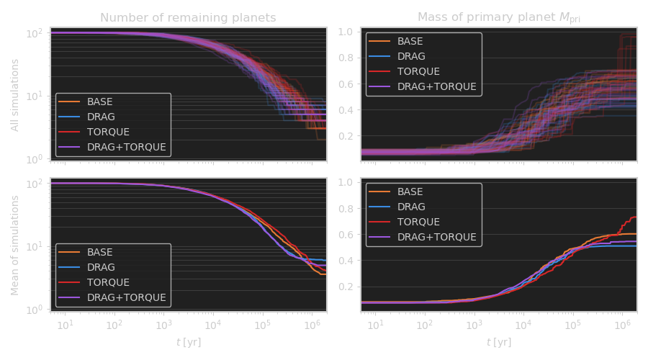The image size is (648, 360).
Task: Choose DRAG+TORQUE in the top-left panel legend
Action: click(x=127, y=147)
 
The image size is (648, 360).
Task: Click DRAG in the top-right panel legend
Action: click(x=411, y=56)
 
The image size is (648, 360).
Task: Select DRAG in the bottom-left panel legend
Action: click(x=101, y=267)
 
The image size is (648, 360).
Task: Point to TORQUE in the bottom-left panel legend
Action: click(x=108, y=282)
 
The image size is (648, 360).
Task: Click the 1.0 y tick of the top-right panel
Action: click(x=345, y=32)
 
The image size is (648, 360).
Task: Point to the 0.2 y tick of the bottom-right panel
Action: click(x=345, y=287)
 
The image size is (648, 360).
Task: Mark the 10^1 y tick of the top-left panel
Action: click(x=35, y=96)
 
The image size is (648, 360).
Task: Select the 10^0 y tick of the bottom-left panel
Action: click(x=35, y=310)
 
